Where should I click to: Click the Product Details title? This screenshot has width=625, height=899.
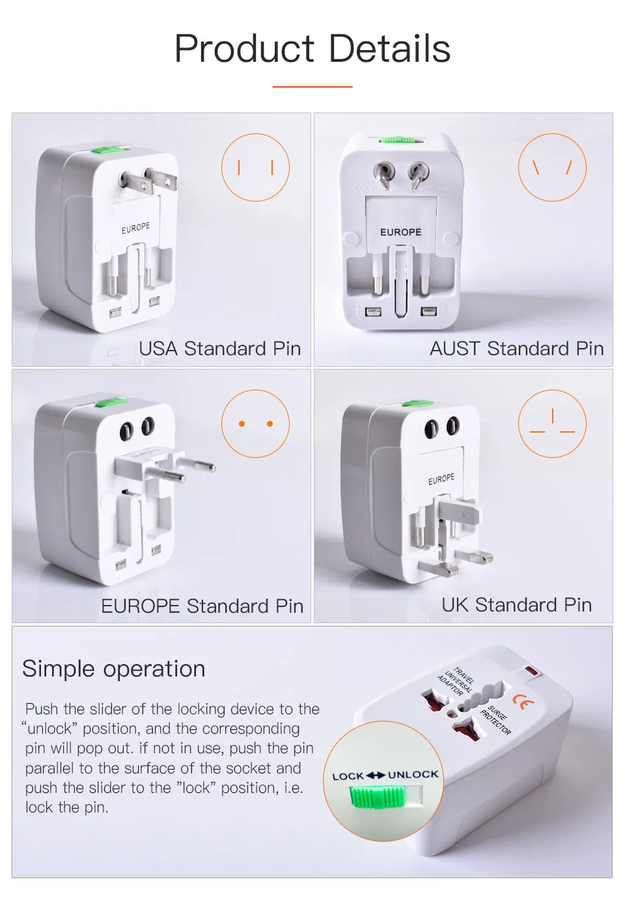click(312, 49)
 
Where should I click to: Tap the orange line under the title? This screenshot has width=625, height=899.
click(312, 87)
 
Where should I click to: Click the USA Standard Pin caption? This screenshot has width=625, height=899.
click(219, 349)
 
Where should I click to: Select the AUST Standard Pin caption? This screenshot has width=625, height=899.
click(516, 349)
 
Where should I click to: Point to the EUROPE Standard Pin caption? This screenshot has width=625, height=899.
click(202, 606)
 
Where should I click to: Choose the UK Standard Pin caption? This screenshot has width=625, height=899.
click(516, 605)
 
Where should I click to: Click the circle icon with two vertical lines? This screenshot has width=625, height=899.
click(255, 168)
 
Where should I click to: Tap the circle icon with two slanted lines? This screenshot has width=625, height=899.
click(552, 168)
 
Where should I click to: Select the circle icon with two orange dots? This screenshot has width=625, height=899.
click(255, 424)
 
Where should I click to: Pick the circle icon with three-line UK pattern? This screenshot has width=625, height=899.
click(552, 424)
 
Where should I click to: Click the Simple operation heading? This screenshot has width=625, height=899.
click(114, 669)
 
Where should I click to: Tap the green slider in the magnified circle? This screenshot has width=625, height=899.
click(378, 797)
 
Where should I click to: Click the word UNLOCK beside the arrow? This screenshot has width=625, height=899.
click(413, 775)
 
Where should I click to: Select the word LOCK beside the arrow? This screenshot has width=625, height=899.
click(348, 776)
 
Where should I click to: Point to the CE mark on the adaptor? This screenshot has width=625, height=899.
click(522, 702)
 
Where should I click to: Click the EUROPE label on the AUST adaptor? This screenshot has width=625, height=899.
click(400, 232)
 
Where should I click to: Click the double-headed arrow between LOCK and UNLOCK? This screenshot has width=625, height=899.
click(376, 775)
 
